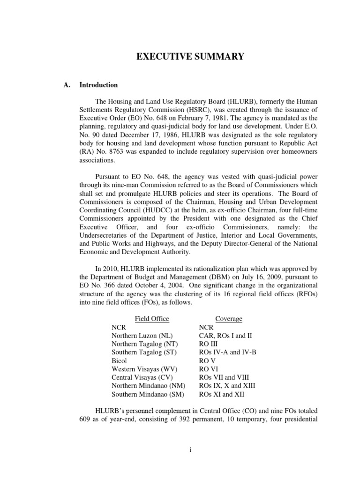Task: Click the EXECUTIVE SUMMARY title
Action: click(x=190, y=57)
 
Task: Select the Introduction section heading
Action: click(x=98, y=85)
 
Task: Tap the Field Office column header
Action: click(x=152, y=319)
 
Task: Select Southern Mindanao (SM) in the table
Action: click(x=144, y=394)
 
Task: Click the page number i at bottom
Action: click(x=190, y=450)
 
